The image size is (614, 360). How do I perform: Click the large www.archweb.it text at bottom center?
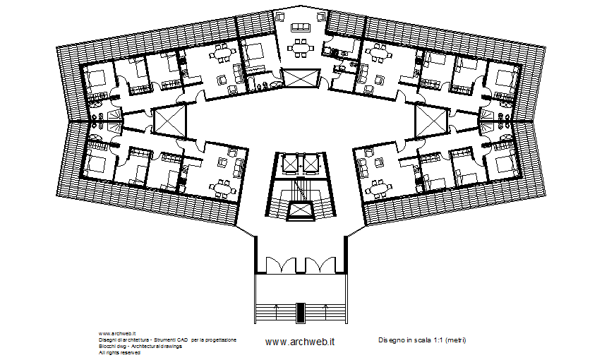(x=299, y=342)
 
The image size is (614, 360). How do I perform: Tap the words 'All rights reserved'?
(x=120, y=352)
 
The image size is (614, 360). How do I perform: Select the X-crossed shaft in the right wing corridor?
(x=432, y=119)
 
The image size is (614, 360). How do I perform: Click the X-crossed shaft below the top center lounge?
(x=300, y=79)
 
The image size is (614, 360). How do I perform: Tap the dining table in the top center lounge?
(x=301, y=49)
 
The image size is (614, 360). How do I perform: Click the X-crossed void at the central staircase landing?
(x=301, y=211)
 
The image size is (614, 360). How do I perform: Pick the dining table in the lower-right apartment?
(x=379, y=188)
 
